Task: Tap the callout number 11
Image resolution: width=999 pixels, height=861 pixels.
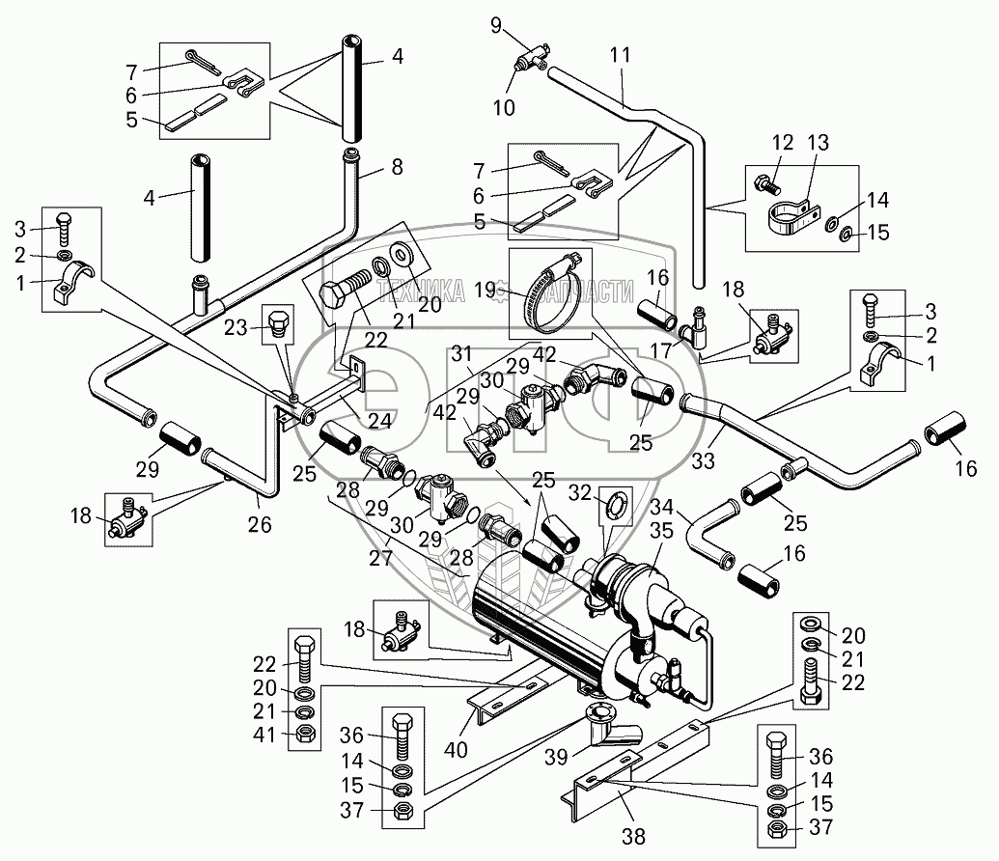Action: tap(620, 55)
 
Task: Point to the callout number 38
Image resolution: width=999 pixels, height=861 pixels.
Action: tap(633, 836)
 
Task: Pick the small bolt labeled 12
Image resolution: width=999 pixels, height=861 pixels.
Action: tap(766, 183)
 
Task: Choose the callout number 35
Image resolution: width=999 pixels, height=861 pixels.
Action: tap(660, 531)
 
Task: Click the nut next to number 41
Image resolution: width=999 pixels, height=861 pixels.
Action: tap(303, 735)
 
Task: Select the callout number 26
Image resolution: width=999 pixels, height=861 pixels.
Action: tap(260, 524)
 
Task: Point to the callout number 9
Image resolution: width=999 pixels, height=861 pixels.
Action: tap(496, 25)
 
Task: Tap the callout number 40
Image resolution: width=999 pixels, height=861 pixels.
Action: tap(456, 749)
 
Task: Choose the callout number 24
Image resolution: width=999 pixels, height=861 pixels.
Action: tap(379, 420)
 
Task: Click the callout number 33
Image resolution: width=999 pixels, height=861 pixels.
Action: tap(703, 460)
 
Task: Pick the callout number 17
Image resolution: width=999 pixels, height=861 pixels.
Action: tap(660, 349)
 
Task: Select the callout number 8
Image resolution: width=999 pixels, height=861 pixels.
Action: tap(397, 167)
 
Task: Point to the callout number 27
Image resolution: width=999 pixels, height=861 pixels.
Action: tap(380, 558)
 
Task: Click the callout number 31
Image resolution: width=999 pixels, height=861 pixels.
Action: tap(461, 353)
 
